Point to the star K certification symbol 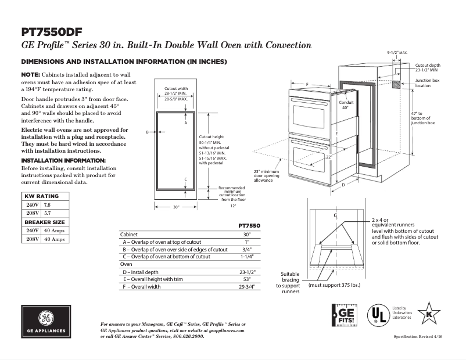(429, 314)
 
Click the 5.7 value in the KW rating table (48, 214)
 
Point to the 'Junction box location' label (427, 82)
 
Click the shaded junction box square (396, 84)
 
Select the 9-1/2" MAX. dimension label (397, 53)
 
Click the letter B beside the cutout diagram (148, 132)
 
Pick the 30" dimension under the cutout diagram (176, 206)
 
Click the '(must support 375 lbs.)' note (335, 286)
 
